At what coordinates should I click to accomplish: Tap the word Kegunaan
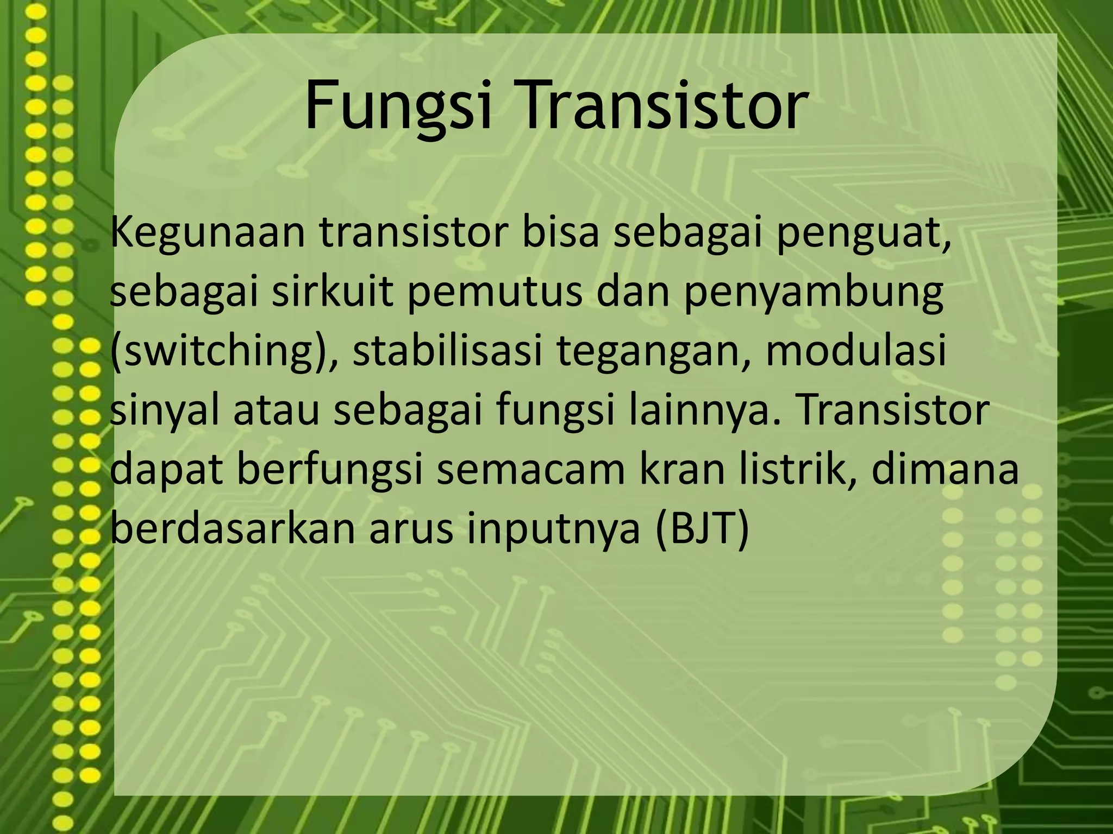[207, 233]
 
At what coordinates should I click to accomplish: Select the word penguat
[864, 233]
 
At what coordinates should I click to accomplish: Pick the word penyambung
[813, 293]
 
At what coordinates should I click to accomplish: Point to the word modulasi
[856, 350]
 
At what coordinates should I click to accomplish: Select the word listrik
[799, 470]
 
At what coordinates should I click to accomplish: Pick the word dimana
[945, 470]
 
